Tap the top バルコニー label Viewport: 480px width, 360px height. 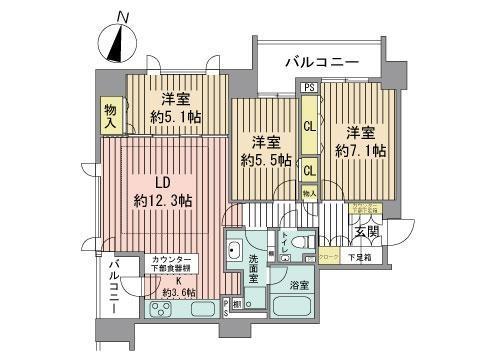pos(321,62)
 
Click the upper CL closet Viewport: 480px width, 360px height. pos(310,127)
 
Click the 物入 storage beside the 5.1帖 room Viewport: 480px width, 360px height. pos(111,117)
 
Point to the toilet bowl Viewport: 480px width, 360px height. pos(307,244)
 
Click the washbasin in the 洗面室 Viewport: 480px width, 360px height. pos(236,251)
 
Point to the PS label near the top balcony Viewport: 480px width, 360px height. pos(309,87)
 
